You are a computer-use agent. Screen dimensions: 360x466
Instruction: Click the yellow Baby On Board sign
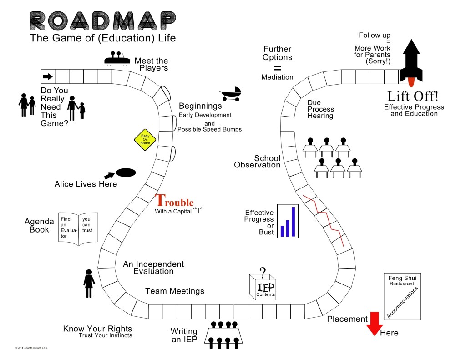click(145, 139)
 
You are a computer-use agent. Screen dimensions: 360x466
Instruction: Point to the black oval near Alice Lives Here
click(126, 173)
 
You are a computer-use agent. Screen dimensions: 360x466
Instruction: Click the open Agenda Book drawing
click(79, 229)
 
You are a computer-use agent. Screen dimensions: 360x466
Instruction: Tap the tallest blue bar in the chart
click(293, 222)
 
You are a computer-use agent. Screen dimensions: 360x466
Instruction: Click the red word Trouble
click(175, 201)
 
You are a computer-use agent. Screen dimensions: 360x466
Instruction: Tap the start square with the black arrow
click(48, 76)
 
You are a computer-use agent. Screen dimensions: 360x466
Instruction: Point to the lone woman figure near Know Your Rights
click(89, 283)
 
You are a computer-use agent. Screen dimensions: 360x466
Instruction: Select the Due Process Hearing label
click(320, 109)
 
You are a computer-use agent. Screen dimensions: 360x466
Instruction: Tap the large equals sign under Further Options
click(277, 67)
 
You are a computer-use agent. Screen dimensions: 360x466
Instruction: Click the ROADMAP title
click(103, 20)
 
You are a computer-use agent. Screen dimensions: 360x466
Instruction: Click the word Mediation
click(277, 77)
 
